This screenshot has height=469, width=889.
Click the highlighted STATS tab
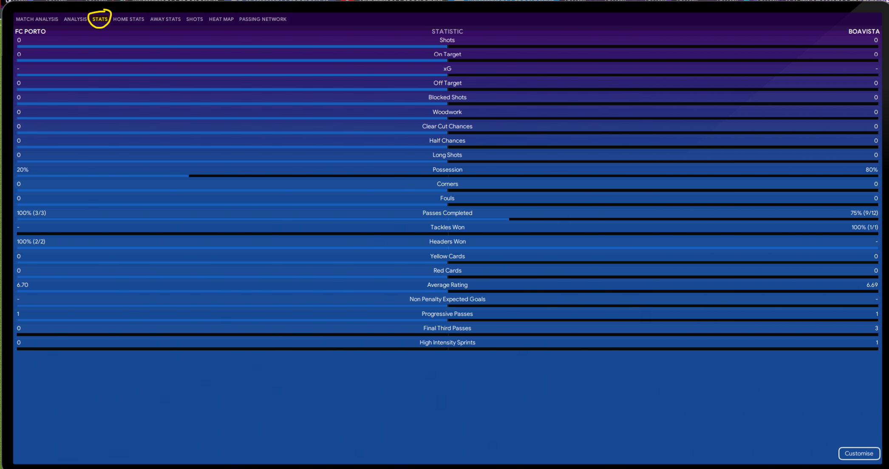pos(100,19)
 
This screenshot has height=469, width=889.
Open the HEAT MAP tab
pos(221,19)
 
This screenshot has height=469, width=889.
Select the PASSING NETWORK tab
pos(263,19)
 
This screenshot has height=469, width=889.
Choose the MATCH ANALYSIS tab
pos(37,19)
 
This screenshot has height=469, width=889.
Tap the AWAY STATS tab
pos(165,19)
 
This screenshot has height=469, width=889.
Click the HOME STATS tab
pos(128,19)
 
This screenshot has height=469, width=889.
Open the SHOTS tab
pos(194,19)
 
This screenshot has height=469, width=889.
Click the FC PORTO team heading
pos(31,31)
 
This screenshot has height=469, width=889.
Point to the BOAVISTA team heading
pos(864,31)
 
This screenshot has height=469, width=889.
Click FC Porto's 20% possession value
pos(23,169)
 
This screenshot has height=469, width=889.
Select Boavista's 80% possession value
pos(871,169)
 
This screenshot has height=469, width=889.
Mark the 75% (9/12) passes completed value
pos(864,213)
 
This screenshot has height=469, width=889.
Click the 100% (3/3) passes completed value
pos(31,213)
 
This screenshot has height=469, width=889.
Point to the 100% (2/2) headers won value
pos(31,241)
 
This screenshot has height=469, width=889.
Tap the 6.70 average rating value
pos(23,285)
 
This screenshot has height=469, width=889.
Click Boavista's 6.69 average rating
pos(872,285)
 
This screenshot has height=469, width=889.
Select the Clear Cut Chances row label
pos(447,126)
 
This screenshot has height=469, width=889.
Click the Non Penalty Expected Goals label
pos(447,299)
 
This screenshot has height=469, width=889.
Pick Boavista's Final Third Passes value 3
pos(876,328)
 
